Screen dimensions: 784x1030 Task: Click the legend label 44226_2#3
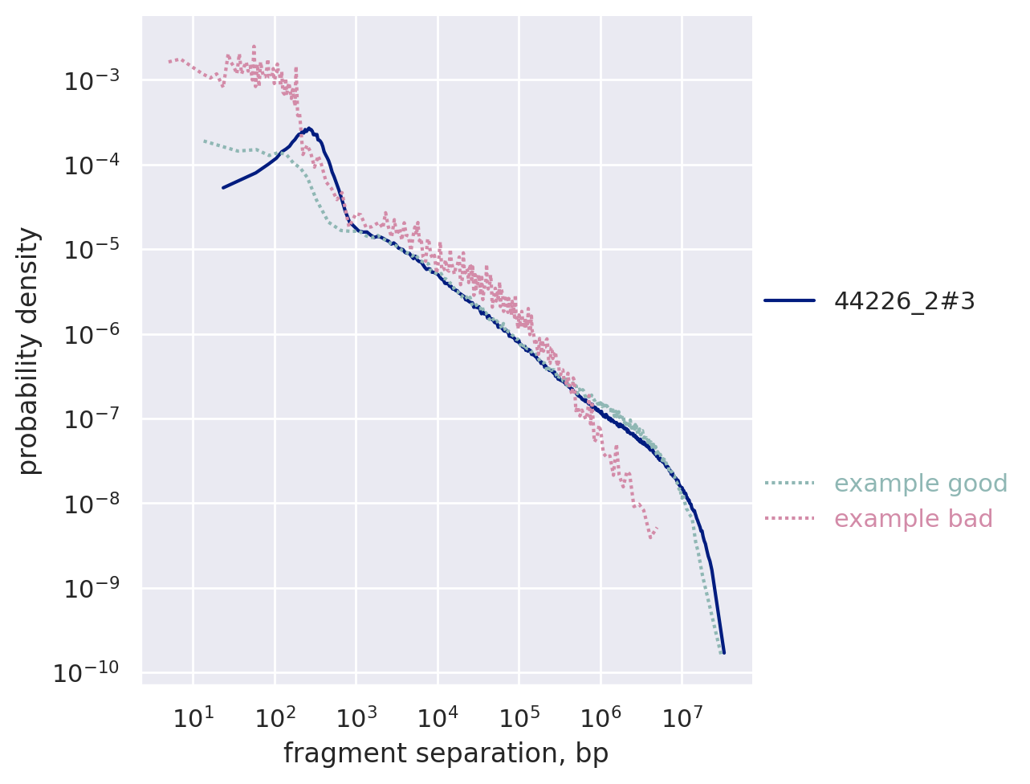(904, 301)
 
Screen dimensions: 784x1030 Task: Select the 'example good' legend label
(920, 484)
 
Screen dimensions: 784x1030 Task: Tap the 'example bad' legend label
(913, 519)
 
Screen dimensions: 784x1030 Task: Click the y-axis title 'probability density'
(29, 350)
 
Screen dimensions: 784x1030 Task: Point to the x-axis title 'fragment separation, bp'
(446, 753)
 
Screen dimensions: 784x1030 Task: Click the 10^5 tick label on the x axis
(519, 716)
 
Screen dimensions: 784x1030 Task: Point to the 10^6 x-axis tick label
(600, 716)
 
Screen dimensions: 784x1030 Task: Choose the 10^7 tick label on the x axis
(681, 716)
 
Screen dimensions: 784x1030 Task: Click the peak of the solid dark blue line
(308, 128)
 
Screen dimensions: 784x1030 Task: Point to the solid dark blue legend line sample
(789, 301)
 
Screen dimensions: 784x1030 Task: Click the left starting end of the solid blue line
(223, 187)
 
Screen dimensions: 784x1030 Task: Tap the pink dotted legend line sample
(789, 519)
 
